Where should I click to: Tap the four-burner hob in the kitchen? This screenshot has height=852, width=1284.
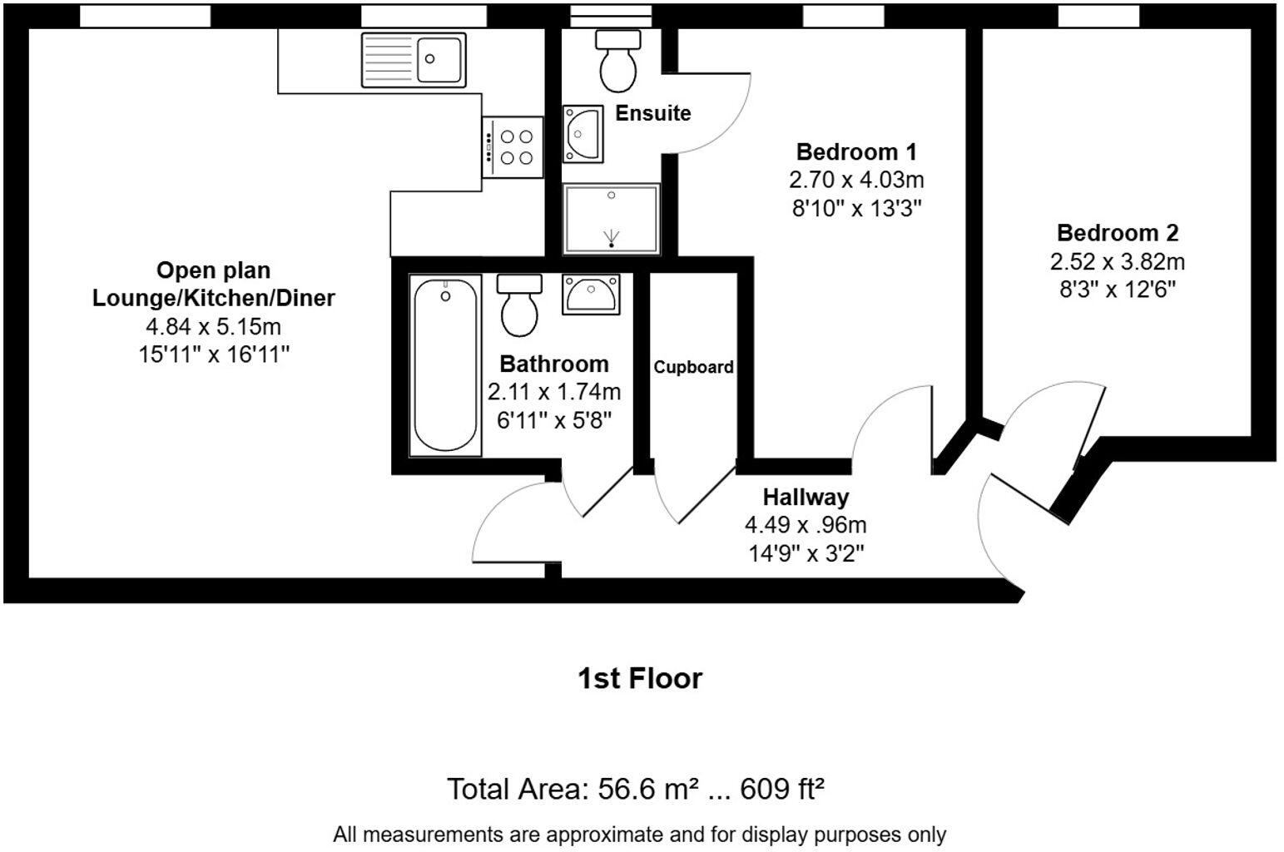pyautogui.click(x=512, y=146)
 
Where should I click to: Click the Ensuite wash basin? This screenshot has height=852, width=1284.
pyautogui.click(x=583, y=133)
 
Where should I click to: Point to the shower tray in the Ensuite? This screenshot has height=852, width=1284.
pyautogui.click(x=612, y=219)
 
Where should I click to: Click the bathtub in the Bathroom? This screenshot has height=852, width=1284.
pyautogui.click(x=445, y=366)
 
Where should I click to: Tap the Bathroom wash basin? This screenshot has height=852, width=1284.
pyautogui.click(x=591, y=294)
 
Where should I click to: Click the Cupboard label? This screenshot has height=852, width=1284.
pyautogui.click(x=693, y=367)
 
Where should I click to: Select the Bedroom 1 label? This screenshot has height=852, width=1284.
pyautogui.click(x=855, y=152)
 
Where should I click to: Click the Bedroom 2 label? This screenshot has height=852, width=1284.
pyautogui.click(x=1117, y=233)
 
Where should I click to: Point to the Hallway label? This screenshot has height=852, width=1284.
pyautogui.click(x=806, y=498)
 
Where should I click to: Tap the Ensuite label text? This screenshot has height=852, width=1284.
pyautogui.click(x=652, y=113)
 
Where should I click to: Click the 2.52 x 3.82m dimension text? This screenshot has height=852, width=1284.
pyautogui.click(x=1117, y=262)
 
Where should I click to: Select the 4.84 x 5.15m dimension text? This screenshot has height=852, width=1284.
pyautogui.click(x=213, y=326)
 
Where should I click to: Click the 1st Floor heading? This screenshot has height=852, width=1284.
pyautogui.click(x=640, y=678)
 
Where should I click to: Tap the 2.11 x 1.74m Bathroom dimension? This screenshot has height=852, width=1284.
pyautogui.click(x=553, y=392)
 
